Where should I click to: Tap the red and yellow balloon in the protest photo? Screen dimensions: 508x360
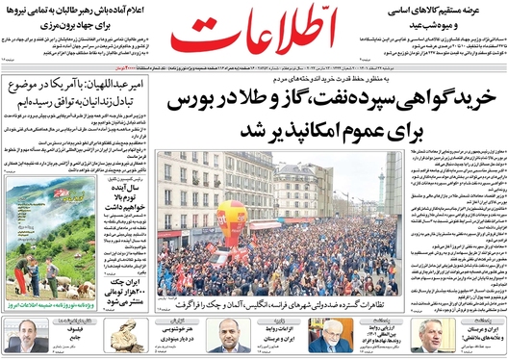(x=232, y=218)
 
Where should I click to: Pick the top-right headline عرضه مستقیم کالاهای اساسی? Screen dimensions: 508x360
(x=454, y=12)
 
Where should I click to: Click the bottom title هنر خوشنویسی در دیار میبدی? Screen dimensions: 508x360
(x=179, y=339)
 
